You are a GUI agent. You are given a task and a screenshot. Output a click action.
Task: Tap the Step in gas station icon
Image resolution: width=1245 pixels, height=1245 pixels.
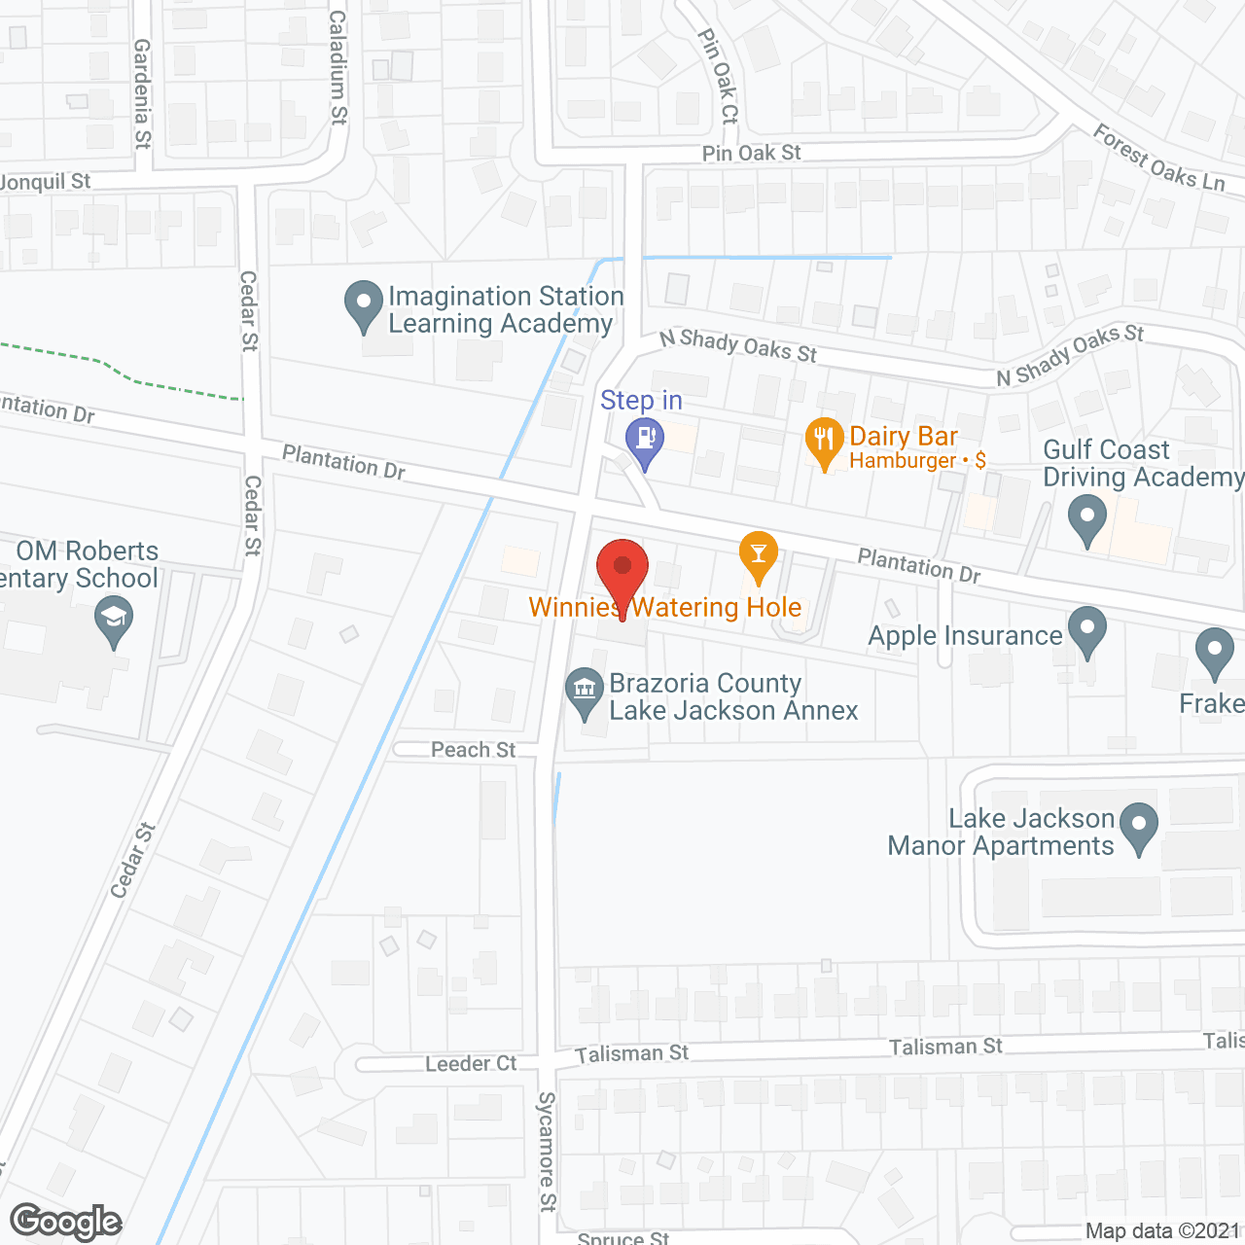(644, 441)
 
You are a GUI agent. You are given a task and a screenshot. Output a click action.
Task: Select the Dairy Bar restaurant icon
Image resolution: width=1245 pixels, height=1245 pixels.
(824, 441)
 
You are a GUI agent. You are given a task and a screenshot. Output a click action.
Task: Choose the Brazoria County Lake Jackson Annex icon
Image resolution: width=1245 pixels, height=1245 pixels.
(584, 691)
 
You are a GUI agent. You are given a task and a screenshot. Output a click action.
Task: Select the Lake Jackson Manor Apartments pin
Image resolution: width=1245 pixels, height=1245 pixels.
(1139, 827)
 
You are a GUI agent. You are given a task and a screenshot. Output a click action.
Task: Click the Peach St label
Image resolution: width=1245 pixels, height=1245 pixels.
(474, 749)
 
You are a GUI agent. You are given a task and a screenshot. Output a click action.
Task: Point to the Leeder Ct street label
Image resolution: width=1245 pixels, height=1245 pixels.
(471, 1063)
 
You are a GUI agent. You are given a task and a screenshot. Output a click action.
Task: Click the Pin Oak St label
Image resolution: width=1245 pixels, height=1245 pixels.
(751, 153)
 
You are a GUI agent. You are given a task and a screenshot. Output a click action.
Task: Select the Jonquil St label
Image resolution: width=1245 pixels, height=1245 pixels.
(45, 182)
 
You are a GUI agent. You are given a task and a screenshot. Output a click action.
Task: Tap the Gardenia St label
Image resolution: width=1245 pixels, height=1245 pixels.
(143, 93)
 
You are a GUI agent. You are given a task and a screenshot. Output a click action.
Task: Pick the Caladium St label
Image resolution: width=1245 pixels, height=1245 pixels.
(338, 68)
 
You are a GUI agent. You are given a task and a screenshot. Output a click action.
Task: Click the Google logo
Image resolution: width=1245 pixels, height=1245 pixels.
(66, 1222)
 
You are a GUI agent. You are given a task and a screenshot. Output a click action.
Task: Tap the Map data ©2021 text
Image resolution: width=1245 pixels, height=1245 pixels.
(1162, 1230)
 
